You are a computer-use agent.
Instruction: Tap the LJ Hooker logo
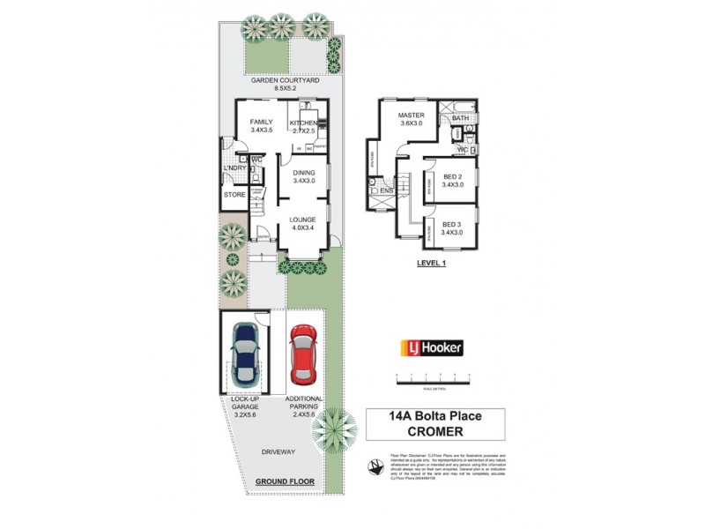(x=433, y=347)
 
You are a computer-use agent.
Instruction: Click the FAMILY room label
(x=262, y=122)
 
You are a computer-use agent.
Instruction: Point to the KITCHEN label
(x=303, y=122)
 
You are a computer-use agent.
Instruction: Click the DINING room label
(x=304, y=173)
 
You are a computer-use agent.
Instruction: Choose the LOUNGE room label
(x=304, y=219)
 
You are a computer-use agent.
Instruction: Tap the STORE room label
(x=234, y=194)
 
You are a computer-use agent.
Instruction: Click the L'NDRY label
(x=234, y=168)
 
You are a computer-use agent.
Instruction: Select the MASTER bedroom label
(x=412, y=115)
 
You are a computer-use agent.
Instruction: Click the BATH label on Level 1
(x=461, y=117)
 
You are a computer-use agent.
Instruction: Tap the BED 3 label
(x=452, y=224)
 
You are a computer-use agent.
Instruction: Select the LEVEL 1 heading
(x=431, y=263)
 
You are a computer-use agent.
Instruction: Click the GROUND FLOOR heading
(x=284, y=481)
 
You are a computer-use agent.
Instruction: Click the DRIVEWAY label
(x=278, y=452)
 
